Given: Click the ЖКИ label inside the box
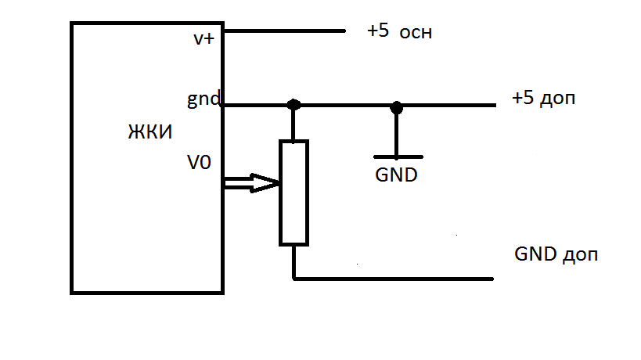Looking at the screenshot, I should click(x=149, y=131).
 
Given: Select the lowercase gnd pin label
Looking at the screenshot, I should click(x=203, y=100).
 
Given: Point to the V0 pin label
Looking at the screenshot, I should click(x=199, y=163).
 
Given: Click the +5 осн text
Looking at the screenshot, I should click(x=399, y=33).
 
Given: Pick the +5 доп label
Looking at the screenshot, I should click(x=544, y=99).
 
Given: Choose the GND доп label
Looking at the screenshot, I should click(x=556, y=255).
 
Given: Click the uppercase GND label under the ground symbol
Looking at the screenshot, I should click(x=396, y=175).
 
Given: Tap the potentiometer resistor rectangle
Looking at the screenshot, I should click(x=294, y=193).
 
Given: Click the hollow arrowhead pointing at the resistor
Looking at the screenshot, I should click(x=267, y=184).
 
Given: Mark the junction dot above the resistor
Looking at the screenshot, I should click(x=293, y=105).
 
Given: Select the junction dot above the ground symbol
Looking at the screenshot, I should click(x=397, y=106).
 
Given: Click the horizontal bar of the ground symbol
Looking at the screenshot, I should click(x=397, y=157).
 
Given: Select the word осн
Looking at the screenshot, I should click(x=416, y=34).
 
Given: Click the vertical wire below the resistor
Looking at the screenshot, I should click(x=293, y=261).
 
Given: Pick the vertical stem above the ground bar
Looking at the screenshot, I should click(x=397, y=133).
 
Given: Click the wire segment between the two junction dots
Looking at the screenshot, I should click(x=344, y=106).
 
